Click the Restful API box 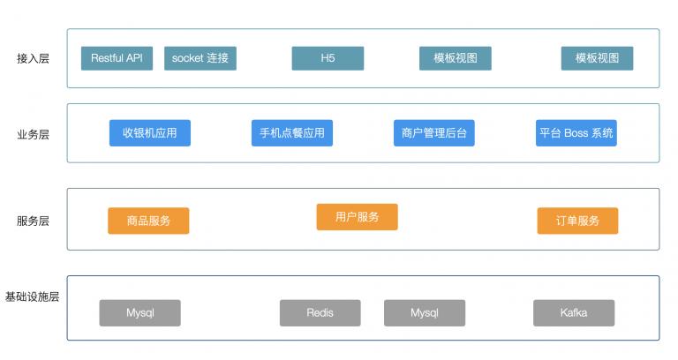point(117,58)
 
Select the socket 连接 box point(200,58)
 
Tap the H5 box point(328,58)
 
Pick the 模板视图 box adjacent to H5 point(456,58)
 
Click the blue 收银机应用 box point(150,133)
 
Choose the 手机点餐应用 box point(292,133)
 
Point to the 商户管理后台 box point(433,133)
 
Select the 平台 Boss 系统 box point(576,133)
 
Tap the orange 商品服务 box point(148,221)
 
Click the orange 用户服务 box point(358,217)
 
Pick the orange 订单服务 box point(578,221)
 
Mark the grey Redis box point(320,313)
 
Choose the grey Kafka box point(574,313)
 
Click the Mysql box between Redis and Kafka point(424,313)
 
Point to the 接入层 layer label point(33,59)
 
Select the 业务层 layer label point(33,134)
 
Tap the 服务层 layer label point(33,221)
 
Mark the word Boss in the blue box point(576,133)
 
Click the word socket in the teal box point(187,58)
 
